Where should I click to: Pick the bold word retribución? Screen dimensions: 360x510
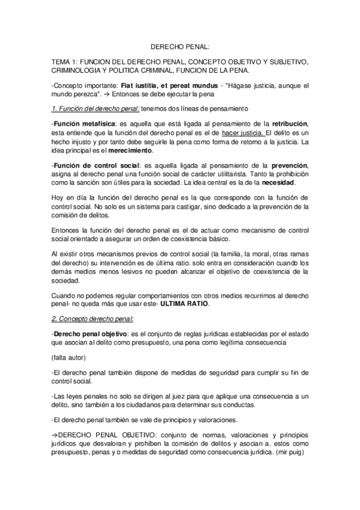point(285,124)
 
